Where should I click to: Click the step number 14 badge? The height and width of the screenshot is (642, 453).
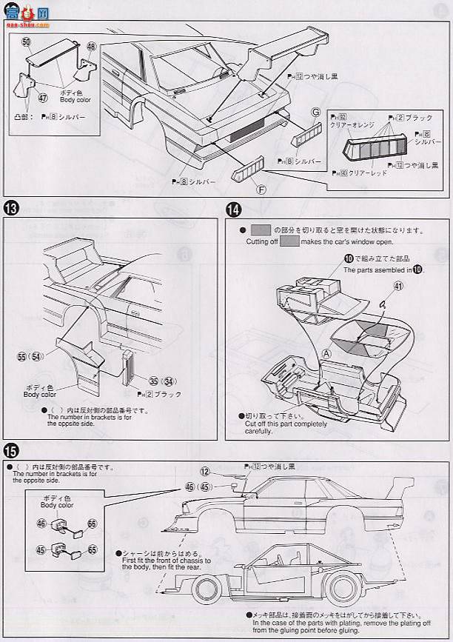pos(235,210)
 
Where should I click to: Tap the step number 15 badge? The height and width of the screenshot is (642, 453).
pos(11,449)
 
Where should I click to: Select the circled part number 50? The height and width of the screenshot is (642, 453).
pos(27,43)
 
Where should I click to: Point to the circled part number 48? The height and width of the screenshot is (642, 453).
pos(91,46)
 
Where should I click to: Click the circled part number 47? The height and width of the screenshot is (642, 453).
pos(42,97)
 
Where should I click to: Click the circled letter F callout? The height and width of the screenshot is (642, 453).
pos(260,189)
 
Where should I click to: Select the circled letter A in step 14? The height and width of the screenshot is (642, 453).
pos(325,354)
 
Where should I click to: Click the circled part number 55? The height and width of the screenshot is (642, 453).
pos(23,357)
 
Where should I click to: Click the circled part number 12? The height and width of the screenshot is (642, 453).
pos(205,471)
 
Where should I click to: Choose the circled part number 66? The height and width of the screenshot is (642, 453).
pos(92,524)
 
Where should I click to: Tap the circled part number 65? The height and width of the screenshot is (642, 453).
pos(92,549)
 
